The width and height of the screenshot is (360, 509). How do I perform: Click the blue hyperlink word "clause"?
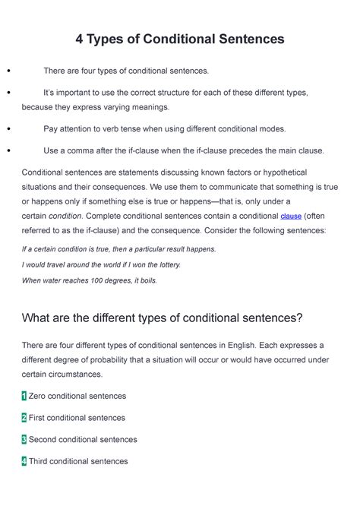pyautogui.click(x=291, y=216)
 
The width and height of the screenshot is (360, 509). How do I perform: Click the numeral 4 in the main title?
pyautogui.click(x=80, y=39)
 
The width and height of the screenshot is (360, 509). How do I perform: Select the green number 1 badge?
pyautogui.click(x=24, y=396)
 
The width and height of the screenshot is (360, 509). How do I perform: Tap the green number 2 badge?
pyautogui.click(x=24, y=418)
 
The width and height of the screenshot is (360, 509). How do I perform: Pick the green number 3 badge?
pyautogui.click(x=24, y=439)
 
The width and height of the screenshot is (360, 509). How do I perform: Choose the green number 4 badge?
pyautogui.click(x=24, y=461)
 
